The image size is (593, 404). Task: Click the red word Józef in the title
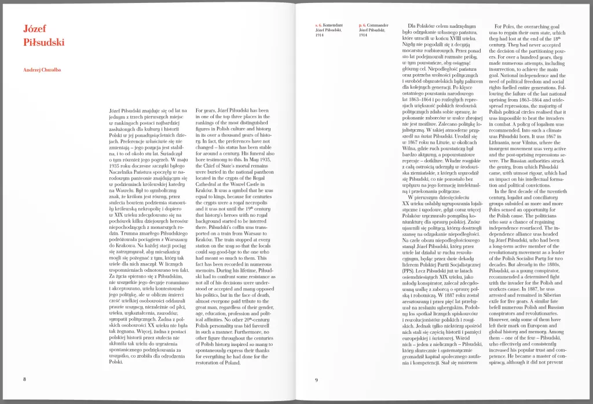(x=35, y=29)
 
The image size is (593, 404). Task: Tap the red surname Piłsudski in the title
(x=44, y=42)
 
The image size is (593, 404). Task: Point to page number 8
(x=24, y=379)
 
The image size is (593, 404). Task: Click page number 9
(x=316, y=380)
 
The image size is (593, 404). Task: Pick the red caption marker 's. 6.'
(x=318, y=26)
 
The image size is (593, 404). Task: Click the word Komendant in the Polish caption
(x=334, y=26)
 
